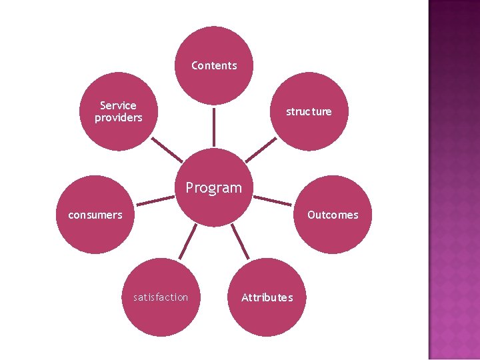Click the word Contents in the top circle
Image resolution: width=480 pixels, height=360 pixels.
click(214, 65)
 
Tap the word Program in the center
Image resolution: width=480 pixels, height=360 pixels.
click(213, 188)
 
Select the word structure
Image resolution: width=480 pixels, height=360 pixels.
click(309, 111)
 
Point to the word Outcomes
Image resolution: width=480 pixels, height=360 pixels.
click(333, 215)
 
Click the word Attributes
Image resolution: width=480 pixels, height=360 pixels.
click(267, 297)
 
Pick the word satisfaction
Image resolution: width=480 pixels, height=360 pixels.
click(161, 297)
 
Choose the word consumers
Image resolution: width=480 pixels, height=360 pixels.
click(95, 215)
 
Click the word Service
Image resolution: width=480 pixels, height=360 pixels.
click(118, 105)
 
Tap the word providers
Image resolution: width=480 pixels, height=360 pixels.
click(118, 118)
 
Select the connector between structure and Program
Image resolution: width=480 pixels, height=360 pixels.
click(261, 150)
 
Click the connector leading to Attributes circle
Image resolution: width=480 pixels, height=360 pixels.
click(240, 241)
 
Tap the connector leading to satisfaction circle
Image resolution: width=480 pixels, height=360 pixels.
click(187, 241)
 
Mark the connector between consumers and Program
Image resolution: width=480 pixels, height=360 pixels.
click(155, 201)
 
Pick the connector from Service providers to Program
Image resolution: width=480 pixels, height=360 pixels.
click(167, 150)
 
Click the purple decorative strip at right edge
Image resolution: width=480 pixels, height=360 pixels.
click(454, 180)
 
